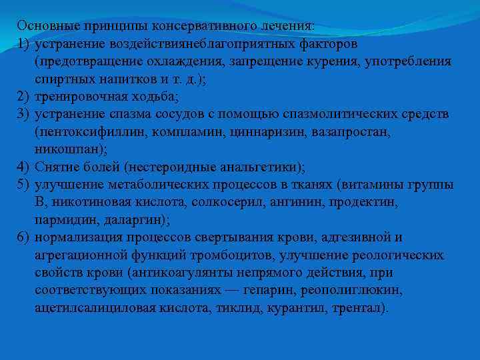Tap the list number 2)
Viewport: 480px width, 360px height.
(25, 97)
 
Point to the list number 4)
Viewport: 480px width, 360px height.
(25, 167)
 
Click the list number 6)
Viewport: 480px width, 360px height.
(25, 237)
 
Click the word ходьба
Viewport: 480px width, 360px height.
(151, 97)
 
